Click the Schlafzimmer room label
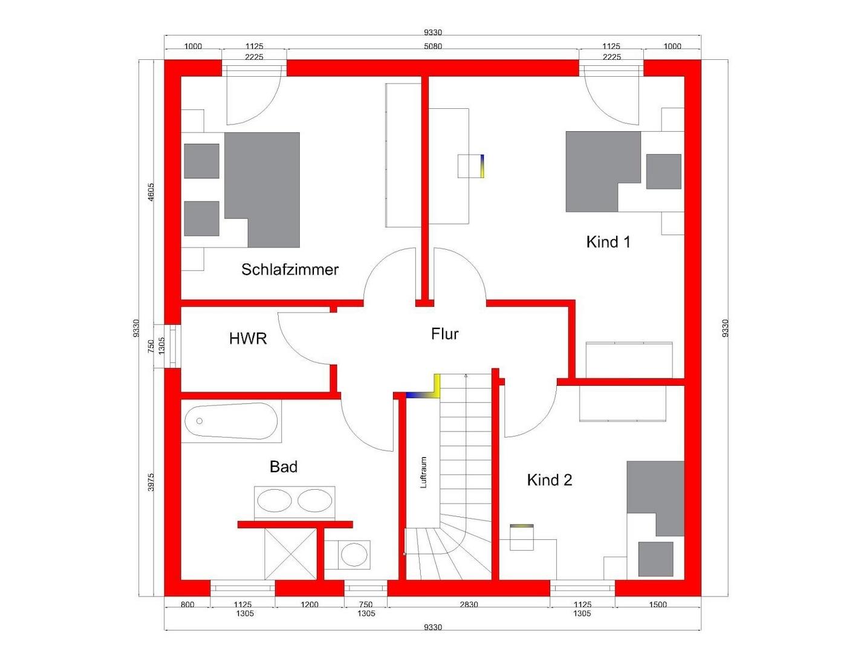pyautogui.click(x=290, y=270)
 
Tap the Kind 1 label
pyautogui.click(x=608, y=242)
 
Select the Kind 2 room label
pyautogui.click(x=549, y=480)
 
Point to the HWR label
pyautogui.click(x=248, y=339)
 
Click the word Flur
pyautogui.click(x=444, y=334)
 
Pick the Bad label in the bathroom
pyautogui.click(x=284, y=467)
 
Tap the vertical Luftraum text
pyautogui.click(x=423, y=472)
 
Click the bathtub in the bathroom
pyautogui.click(x=231, y=421)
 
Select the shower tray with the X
pyautogui.click(x=290, y=553)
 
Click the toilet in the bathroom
pyautogui.click(x=354, y=554)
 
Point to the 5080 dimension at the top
pyautogui.click(x=433, y=47)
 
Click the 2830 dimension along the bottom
pyautogui.click(x=469, y=605)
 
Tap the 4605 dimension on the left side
pyautogui.click(x=151, y=192)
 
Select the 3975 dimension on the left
pyautogui.click(x=151, y=482)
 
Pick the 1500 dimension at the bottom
pyautogui.click(x=658, y=605)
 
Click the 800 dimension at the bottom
pyautogui.click(x=187, y=605)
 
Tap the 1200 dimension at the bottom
pyautogui.click(x=310, y=605)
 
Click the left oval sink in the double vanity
pyautogui.click(x=274, y=501)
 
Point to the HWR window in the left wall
pyautogui.click(x=172, y=346)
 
